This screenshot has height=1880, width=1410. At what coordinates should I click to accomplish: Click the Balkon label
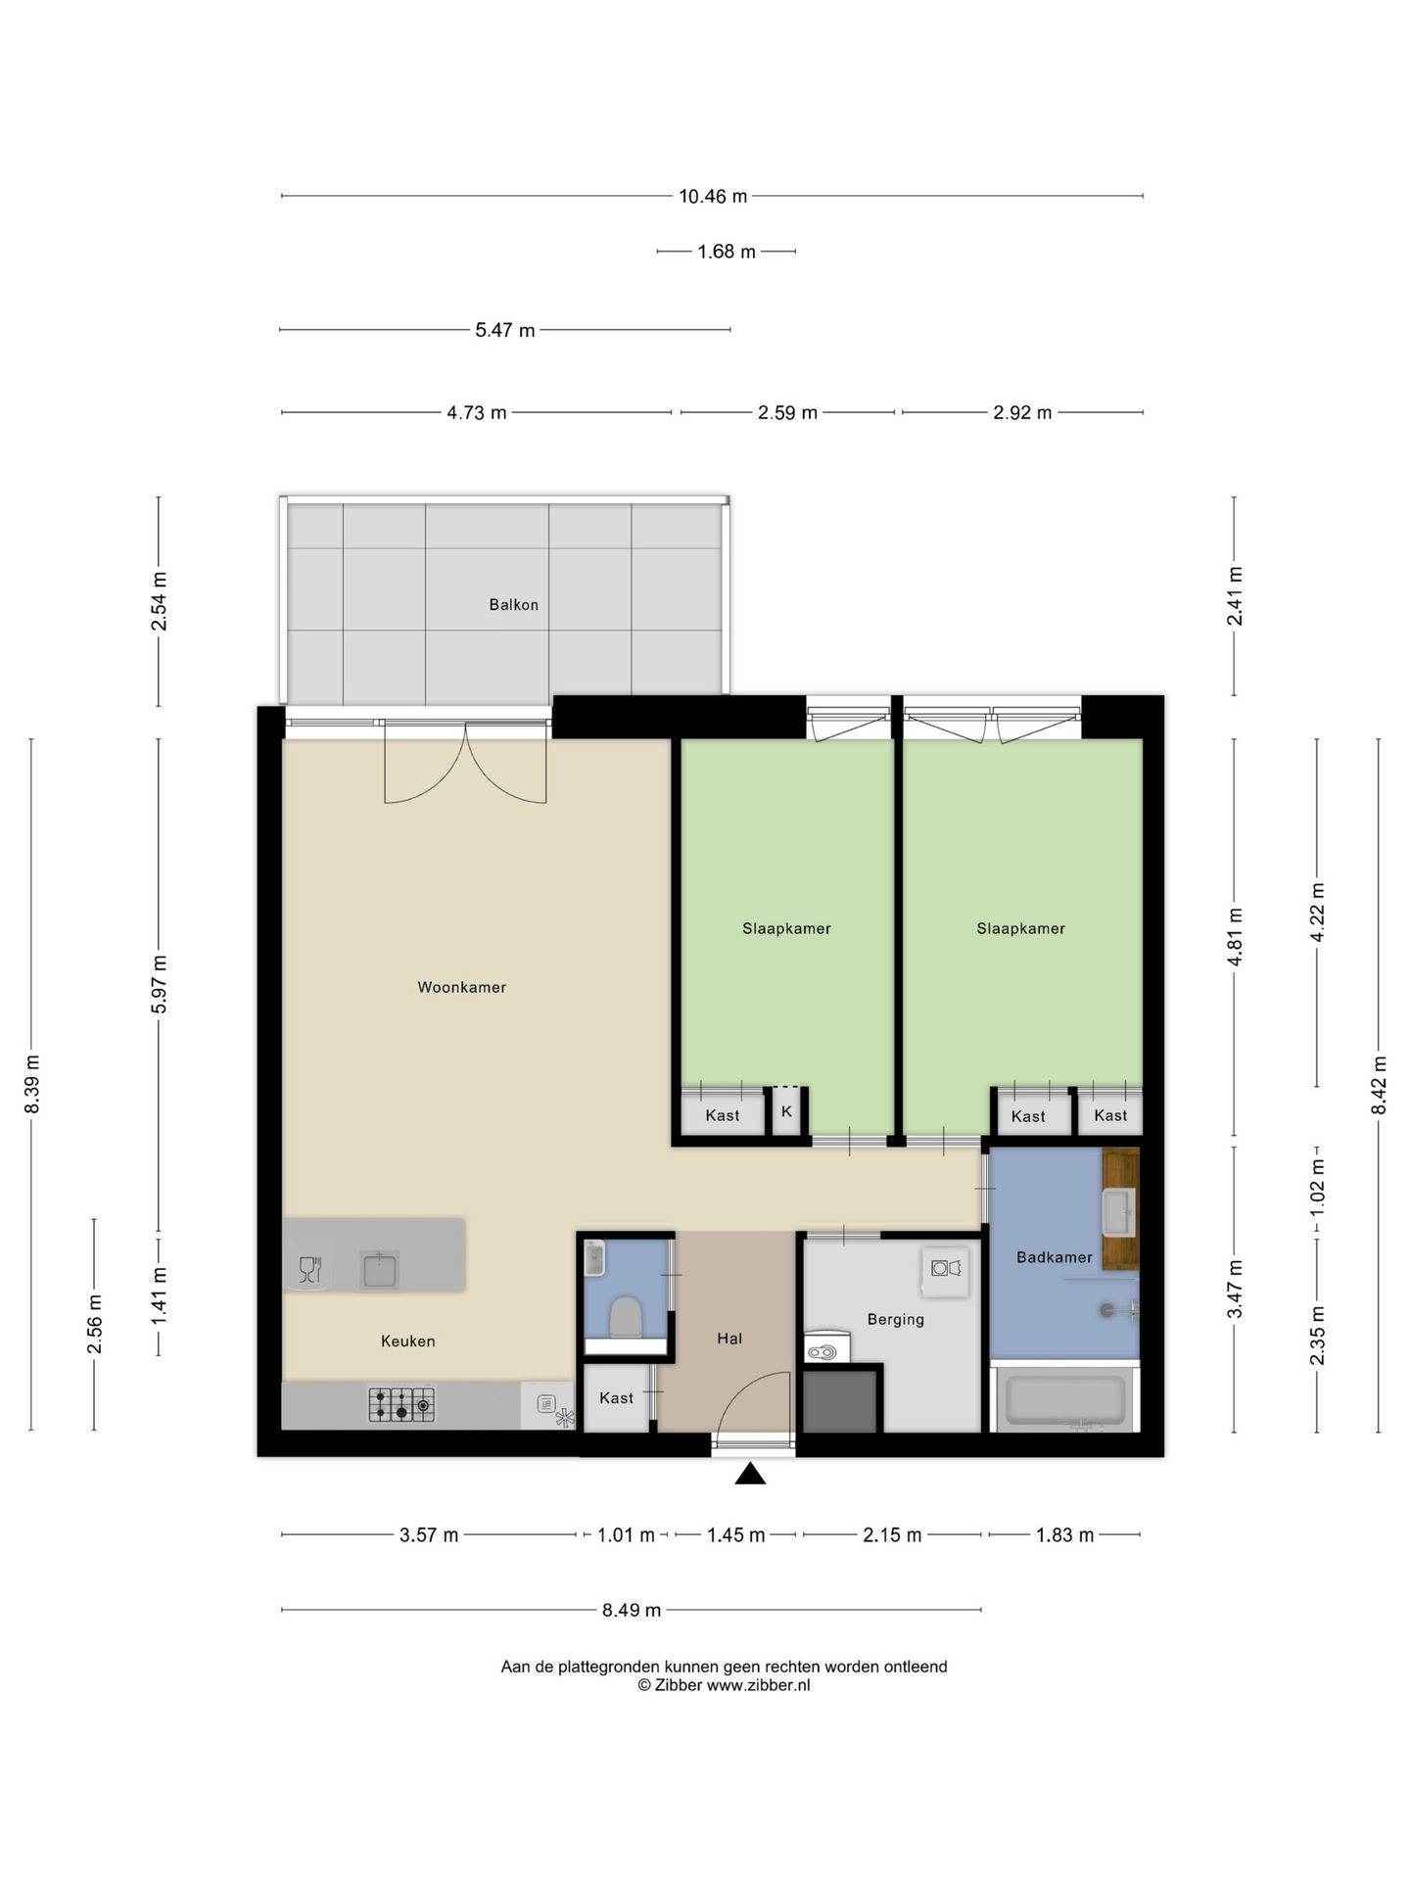pyautogui.click(x=513, y=605)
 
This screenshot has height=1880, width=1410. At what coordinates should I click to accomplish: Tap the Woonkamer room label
pyautogui.click(x=462, y=987)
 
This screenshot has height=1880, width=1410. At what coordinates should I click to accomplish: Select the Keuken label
pyautogui.click(x=408, y=1341)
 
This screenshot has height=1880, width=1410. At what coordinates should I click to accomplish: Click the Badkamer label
pyautogui.click(x=1054, y=1257)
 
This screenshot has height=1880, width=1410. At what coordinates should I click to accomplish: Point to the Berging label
pyautogui.click(x=896, y=1320)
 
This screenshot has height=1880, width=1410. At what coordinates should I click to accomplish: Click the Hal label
pyautogui.click(x=729, y=1339)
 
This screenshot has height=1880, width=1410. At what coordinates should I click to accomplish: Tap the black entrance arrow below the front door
pyautogui.click(x=750, y=1474)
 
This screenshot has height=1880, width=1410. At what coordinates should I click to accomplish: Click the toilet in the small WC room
pyautogui.click(x=626, y=1318)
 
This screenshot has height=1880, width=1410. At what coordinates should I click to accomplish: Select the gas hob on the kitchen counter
pyautogui.click(x=401, y=1405)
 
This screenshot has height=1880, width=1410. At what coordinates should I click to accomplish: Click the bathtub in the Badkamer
pyautogui.click(x=1065, y=1399)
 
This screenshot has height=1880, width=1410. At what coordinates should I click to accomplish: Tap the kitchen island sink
pyautogui.click(x=379, y=1270)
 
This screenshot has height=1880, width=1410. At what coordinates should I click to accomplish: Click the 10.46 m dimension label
pyautogui.click(x=713, y=196)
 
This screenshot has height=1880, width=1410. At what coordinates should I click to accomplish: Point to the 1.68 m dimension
pyautogui.click(x=727, y=252)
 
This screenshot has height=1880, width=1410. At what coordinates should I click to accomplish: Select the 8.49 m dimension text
pyautogui.click(x=632, y=1610)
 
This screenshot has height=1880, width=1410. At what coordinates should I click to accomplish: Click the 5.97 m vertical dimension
pyautogui.click(x=159, y=984)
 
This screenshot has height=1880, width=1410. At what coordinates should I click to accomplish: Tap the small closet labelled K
pyautogui.click(x=786, y=1112)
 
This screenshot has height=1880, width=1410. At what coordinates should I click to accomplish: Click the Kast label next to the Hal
pyautogui.click(x=617, y=1398)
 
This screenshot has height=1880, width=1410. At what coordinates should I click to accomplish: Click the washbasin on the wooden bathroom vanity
pyautogui.click(x=1118, y=1213)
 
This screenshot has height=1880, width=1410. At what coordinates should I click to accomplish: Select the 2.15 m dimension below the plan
pyautogui.click(x=892, y=1535)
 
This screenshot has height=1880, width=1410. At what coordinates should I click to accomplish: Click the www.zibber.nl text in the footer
pyautogui.click(x=759, y=1685)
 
